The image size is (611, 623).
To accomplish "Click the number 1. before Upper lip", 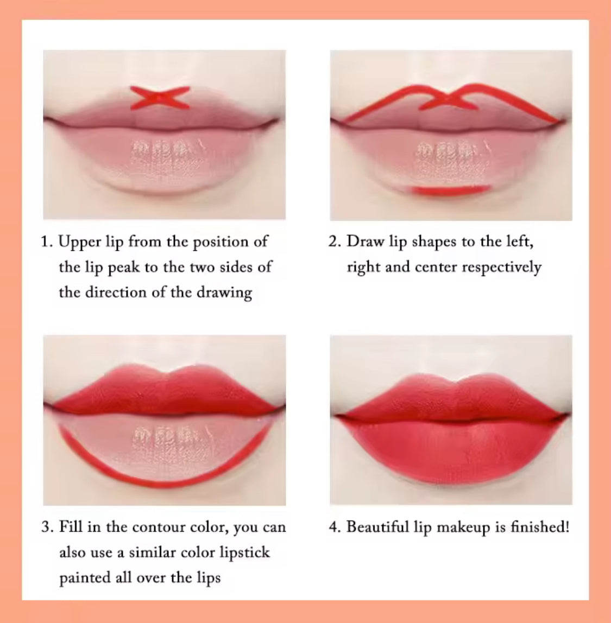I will [47, 241].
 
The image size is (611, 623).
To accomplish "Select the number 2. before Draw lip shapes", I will [335, 241].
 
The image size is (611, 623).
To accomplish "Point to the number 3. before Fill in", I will [47, 527].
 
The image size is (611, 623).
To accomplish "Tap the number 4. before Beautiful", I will [335, 527].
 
